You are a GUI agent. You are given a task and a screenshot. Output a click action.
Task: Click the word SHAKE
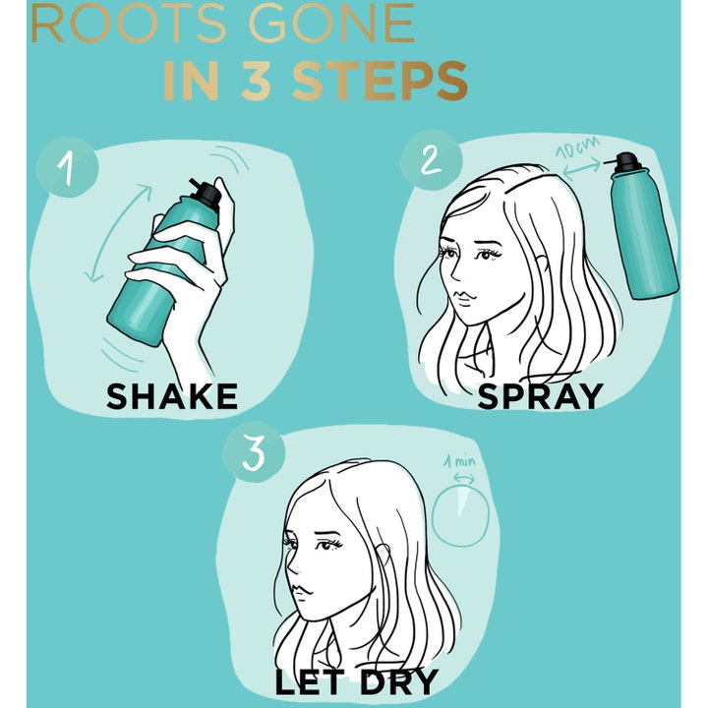[x=171, y=396]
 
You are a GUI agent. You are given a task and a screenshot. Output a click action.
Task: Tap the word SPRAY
[x=540, y=396]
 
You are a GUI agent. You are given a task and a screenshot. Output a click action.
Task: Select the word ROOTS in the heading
[x=129, y=24]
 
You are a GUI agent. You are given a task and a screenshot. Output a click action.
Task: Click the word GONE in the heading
[x=331, y=24]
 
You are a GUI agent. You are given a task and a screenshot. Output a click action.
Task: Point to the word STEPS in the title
[x=380, y=82]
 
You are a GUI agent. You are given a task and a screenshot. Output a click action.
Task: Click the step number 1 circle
[x=67, y=167]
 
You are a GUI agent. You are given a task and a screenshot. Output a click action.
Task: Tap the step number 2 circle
[x=432, y=160]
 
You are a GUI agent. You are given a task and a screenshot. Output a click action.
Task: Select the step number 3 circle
[x=255, y=452]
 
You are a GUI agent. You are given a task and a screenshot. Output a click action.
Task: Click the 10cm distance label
[x=577, y=147]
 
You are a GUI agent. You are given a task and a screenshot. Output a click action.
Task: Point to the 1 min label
[x=459, y=461]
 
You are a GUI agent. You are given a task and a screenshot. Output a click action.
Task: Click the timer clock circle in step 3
[x=460, y=516]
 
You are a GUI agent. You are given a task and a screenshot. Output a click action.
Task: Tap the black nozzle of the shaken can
[x=206, y=194]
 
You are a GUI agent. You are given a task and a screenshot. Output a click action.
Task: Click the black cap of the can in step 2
[x=625, y=162]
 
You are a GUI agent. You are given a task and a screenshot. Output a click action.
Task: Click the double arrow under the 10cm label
[x=581, y=170]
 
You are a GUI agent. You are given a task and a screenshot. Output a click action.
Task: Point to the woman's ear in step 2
[x=541, y=268]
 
